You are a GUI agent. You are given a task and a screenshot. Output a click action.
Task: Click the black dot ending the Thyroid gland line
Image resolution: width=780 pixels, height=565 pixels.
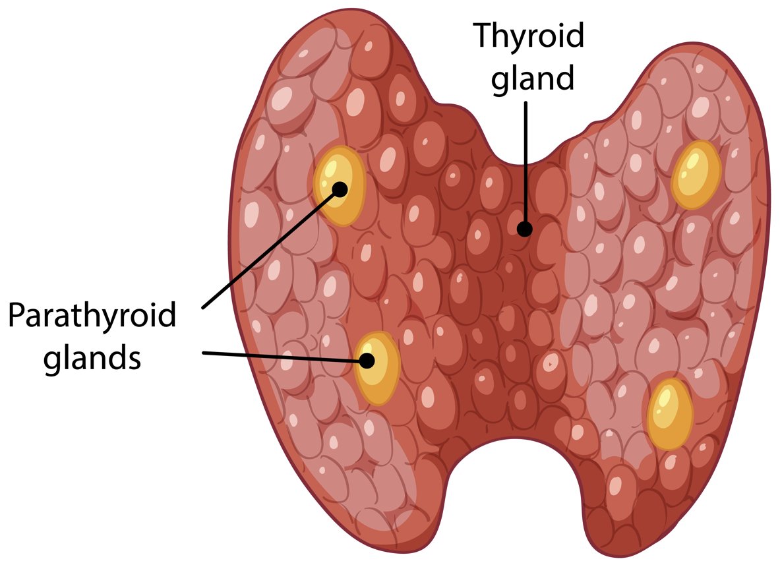click(x=524, y=229)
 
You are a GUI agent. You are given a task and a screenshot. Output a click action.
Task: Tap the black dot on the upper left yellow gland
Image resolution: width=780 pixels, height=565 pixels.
click(x=340, y=189)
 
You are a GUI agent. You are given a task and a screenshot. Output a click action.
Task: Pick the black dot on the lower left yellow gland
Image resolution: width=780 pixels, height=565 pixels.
click(x=367, y=361)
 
